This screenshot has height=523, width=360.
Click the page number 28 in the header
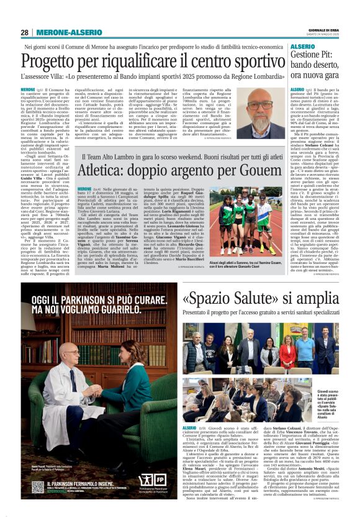25,32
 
